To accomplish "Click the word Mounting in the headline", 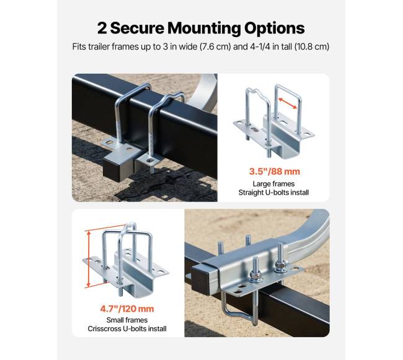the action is click(205, 29).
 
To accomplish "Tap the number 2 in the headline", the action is click(102, 28).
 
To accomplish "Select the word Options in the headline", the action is click(275, 29).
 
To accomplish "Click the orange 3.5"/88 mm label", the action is click(275, 171).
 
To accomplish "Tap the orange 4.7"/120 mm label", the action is click(127, 309).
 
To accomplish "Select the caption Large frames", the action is click(273, 184).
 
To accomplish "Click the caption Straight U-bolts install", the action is click(273, 193).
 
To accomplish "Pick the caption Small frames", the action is click(127, 320).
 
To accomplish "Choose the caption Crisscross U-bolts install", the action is click(127, 328).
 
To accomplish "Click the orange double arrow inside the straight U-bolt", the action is click(288, 103).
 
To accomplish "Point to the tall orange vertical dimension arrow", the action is click(89, 259).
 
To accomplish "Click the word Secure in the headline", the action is click(137, 28).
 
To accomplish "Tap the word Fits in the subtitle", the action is click(79, 46).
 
